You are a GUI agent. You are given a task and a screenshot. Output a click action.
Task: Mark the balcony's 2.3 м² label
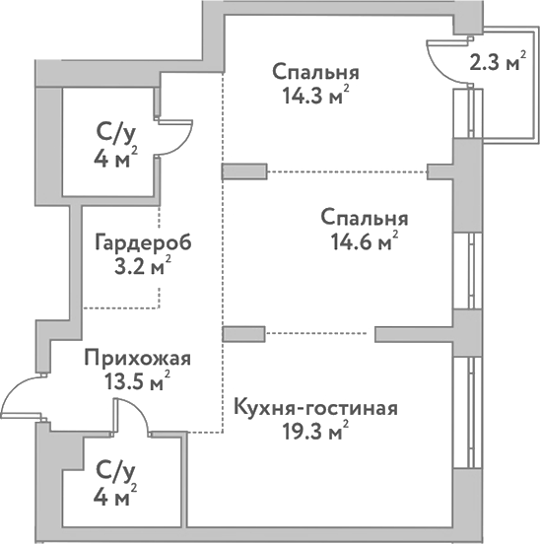(x=496, y=64)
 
